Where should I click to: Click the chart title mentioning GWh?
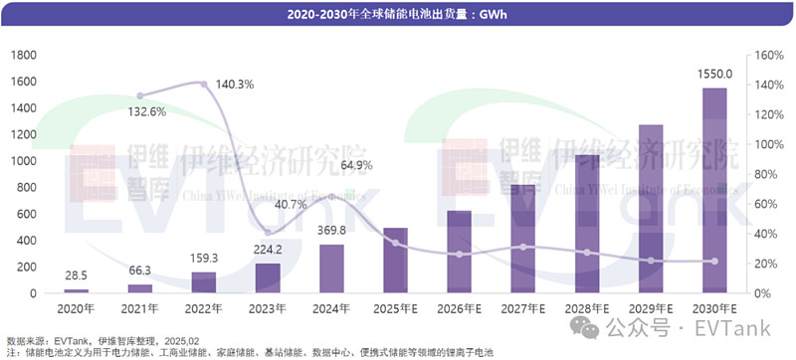coord(396,14)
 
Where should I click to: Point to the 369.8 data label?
coord(331,231)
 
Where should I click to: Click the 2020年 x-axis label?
coord(76,307)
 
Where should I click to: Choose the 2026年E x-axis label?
coord(460,307)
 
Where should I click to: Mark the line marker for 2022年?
coord(204,85)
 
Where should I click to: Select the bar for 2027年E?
coord(523,239)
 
